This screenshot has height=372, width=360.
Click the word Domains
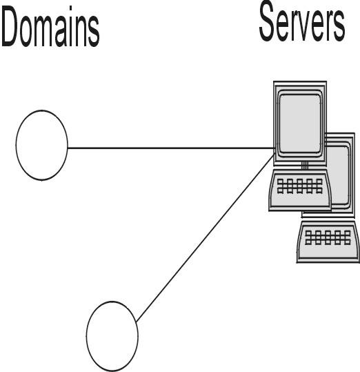pos(50,27)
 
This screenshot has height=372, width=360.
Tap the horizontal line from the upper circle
pos(170,148)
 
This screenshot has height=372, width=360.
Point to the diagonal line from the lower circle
pos(206,237)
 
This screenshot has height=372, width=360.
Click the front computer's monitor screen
pos(300,124)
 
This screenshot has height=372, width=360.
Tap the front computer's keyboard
pos(300,190)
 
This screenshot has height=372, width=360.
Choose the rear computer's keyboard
pos(328,242)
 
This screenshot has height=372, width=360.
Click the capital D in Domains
pos(10,27)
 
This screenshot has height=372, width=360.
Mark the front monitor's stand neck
pos(305,165)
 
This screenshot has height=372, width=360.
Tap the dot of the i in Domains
pos(70,10)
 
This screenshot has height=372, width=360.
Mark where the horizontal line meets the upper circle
pos(68,148)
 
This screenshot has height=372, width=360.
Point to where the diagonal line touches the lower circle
pos(137,322)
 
